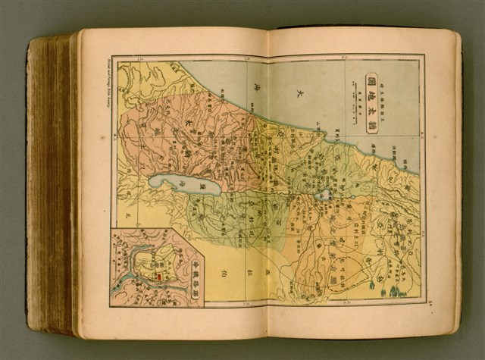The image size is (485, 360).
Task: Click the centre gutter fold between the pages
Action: coord(270,182)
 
